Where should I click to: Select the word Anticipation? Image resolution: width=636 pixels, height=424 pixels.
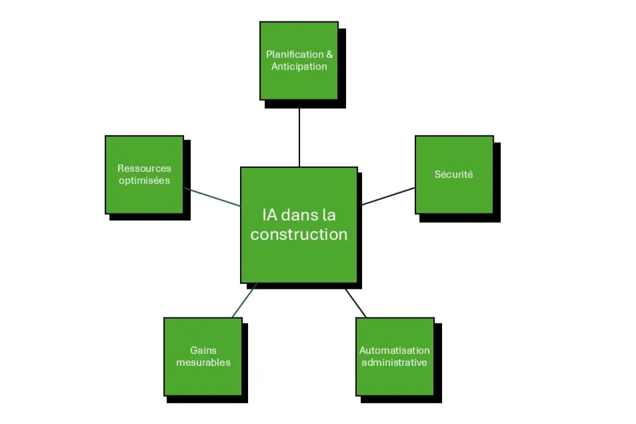[299, 67]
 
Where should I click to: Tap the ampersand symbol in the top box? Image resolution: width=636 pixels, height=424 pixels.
[329, 55]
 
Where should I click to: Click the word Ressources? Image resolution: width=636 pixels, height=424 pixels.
[144, 169]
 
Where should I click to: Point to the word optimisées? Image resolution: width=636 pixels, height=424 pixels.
[144, 181]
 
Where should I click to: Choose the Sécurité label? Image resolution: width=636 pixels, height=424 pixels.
[453, 175]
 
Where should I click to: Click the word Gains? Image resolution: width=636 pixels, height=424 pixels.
[203, 351]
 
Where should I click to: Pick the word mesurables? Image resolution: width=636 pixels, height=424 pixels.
[203, 363]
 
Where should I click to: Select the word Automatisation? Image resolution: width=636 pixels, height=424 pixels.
[395, 351]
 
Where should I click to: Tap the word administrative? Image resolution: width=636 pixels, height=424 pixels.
[395, 363]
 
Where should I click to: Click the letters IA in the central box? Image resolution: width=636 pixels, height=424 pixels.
[269, 215]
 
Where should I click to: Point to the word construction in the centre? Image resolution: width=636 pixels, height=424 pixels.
[299, 235]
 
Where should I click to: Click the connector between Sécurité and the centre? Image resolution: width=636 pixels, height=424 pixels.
[388, 197]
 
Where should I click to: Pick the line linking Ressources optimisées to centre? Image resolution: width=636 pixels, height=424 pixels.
[211, 197]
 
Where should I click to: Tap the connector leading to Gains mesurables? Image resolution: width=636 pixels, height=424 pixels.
[244, 300]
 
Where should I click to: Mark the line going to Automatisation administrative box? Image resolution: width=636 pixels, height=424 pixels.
[356, 303]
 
